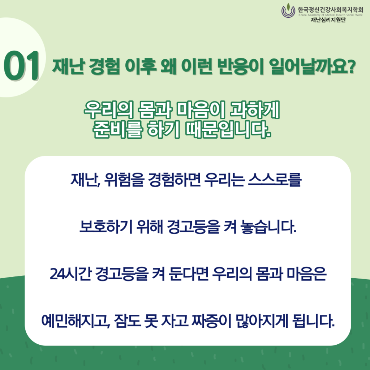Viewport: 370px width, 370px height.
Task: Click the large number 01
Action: tap(21, 65)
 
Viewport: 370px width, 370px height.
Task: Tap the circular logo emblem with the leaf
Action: tap(288, 10)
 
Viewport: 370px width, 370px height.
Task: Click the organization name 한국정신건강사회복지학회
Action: tap(330, 10)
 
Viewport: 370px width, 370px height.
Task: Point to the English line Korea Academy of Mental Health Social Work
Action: tap(330, 15)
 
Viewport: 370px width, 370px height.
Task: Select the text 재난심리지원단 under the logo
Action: tap(328, 20)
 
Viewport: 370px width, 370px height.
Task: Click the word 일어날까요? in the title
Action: tap(312, 66)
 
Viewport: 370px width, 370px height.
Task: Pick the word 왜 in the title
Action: tap(168, 66)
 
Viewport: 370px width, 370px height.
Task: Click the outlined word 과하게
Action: tap(255, 110)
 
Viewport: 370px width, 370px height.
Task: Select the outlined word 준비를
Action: tap(117, 129)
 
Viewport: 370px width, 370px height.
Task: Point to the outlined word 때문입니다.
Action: tap(228, 129)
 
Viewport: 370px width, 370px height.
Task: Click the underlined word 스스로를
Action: tap(275, 180)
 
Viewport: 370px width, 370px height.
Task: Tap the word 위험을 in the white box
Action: tap(124, 180)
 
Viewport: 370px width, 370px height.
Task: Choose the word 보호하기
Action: tap(106, 227)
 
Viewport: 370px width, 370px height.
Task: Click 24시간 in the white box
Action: tap(71, 274)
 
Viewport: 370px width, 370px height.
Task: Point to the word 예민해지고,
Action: tap(76, 321)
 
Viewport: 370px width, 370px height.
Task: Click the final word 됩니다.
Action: tap(313, 321)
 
